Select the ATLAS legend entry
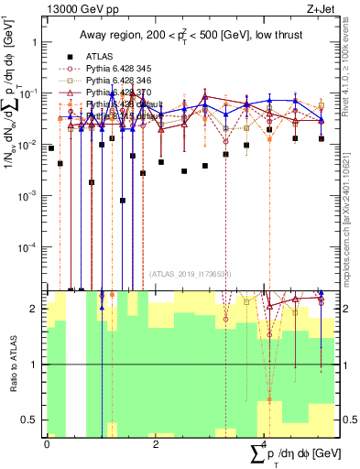[x=110, y=56]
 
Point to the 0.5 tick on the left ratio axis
[x=29, y=420]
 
